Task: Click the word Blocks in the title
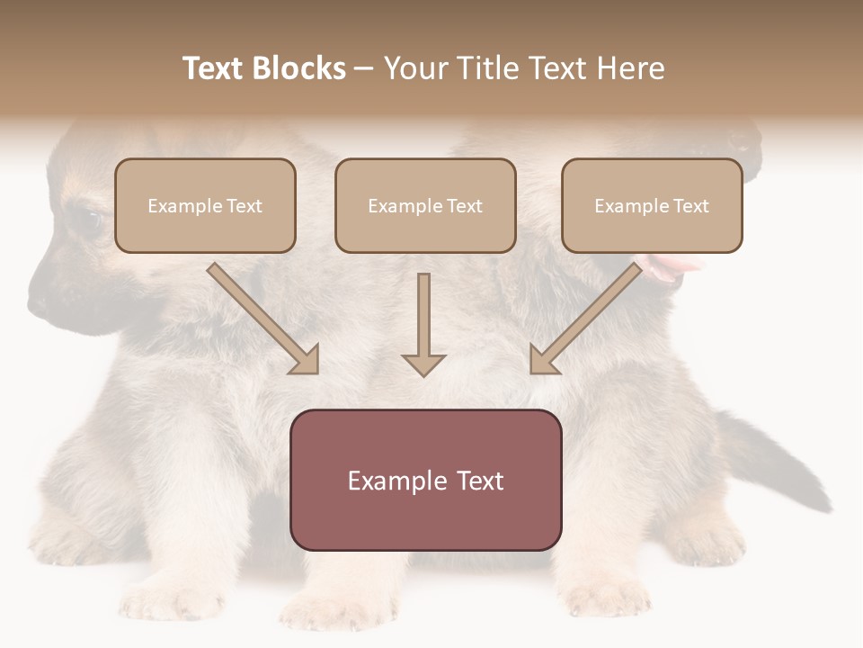299,68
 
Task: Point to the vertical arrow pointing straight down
423,324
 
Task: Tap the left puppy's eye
87,219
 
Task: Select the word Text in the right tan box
690,206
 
